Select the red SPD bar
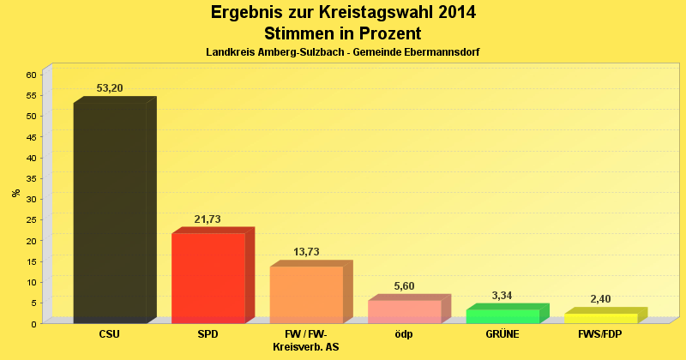coord(208,279)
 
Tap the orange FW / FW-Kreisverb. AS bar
coord(306,295)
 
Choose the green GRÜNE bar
coord(502,316)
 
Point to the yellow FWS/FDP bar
coord(600,318)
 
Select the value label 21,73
coord(208,219)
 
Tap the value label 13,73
coord(306,252)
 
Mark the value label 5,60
coord(405,286)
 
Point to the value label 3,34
coord(502,296)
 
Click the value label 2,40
coord(600,299)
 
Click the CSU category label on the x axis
coord(110,333)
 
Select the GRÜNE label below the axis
coord(502,333)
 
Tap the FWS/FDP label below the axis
coord(600,333)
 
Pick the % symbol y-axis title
coord(16,193)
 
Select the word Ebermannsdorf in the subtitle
coord(436,52)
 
